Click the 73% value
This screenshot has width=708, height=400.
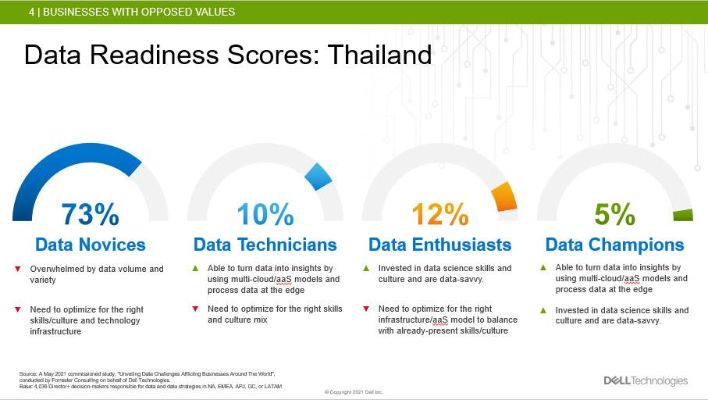click(x=91, y=214)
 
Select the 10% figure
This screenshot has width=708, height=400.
click(x=265, y=214)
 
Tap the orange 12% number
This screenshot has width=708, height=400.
click(x=440, y=214)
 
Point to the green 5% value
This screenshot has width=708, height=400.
click(x=614, y=214)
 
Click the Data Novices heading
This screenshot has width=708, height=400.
click(x=91, y=245)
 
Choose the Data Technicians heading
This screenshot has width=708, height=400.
click(x=265, y=245)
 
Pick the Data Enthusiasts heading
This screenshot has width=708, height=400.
click(x=439, y=245)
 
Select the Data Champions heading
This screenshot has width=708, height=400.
click(x=614, y=245)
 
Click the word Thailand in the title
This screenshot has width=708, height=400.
click(x=379, y=55)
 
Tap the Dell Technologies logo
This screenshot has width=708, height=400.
click(x=646, y=380)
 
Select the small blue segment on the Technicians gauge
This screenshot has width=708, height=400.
click(x=318, y=177)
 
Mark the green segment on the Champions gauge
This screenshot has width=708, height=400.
click(x=683, y=215)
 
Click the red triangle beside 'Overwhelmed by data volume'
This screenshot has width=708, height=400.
click(x=18, y=269)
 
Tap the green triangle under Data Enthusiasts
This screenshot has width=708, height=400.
click(x=366, y=268)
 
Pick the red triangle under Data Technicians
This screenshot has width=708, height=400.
click(x=195, y=309)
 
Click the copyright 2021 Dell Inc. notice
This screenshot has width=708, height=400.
click(x=354, y=392)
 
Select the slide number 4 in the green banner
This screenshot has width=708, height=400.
click(x=31, y=12)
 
